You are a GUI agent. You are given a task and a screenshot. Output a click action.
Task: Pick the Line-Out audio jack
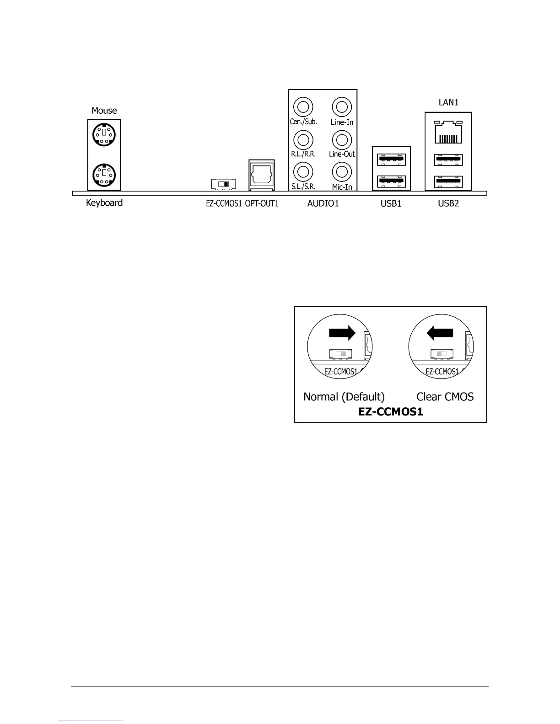pyautogui.click(x=341, y=139)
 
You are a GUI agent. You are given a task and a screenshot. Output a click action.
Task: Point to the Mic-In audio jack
pyautogui.click(x=341, y=172)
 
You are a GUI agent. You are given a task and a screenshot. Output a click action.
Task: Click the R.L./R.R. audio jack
pyautogui.click(x=302, y=139)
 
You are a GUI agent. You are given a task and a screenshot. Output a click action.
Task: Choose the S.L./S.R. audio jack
pyautogui.click(x=302, y=172)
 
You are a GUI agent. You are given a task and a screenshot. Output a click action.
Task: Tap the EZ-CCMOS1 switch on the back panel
pyautogui.click(x=223, y=184)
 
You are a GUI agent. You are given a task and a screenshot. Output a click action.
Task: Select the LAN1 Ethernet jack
pyautogui.click(x=448, y=133)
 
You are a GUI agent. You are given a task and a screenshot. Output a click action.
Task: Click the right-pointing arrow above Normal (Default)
pyautogui.click(x=342, y=333)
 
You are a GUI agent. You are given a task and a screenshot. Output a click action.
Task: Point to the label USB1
pyautogui.click(x=391, y=204)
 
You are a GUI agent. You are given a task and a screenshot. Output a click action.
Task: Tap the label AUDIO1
pyautogui.click(x=323, y=204)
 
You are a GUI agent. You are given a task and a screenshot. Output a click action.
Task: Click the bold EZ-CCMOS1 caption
pyautogui.click(x=391, y=412)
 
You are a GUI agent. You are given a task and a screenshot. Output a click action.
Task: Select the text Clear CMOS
pyautogui.click(x=445, y=397)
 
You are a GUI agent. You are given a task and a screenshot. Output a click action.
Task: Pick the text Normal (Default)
pyautogui.click(x=344, y=397)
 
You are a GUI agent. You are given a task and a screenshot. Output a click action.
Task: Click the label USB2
pyautogui.click(x=448, y=204)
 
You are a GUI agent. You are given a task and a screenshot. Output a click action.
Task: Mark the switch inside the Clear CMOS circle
pyautogui.click(x=442, y=354)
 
